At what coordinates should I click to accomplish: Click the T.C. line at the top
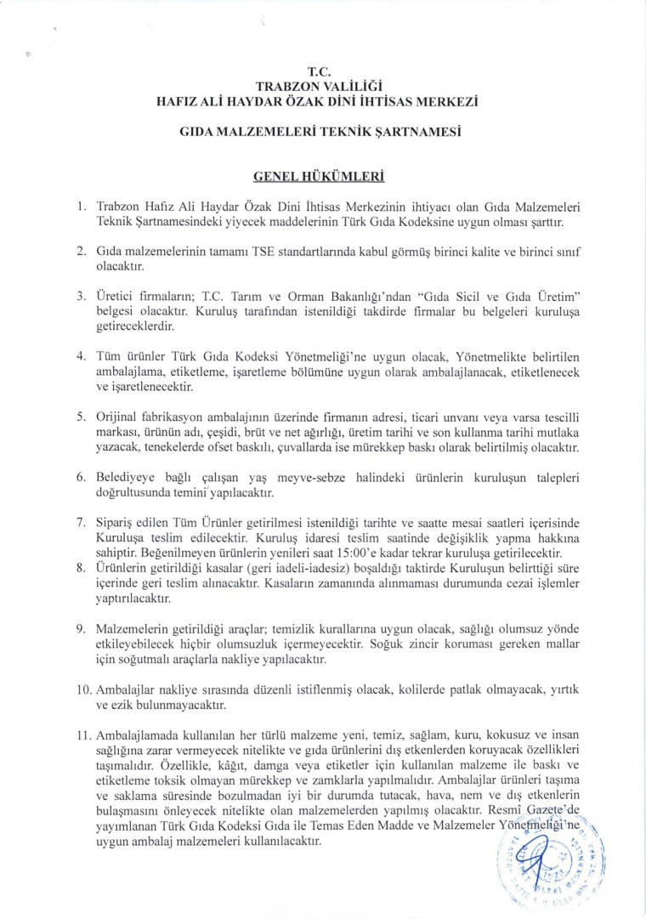[x=322, y=72]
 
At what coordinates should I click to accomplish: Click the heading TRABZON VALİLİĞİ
[x=322, y=86]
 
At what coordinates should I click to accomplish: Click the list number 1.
[x=81, y=207]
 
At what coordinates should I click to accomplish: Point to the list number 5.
[x=81, y=417]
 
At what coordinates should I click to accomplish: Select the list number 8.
[x=81, y=571]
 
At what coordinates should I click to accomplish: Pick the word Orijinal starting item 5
[x=120, y=417]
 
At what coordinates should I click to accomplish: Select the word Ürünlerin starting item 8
[x=122, y=571]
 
